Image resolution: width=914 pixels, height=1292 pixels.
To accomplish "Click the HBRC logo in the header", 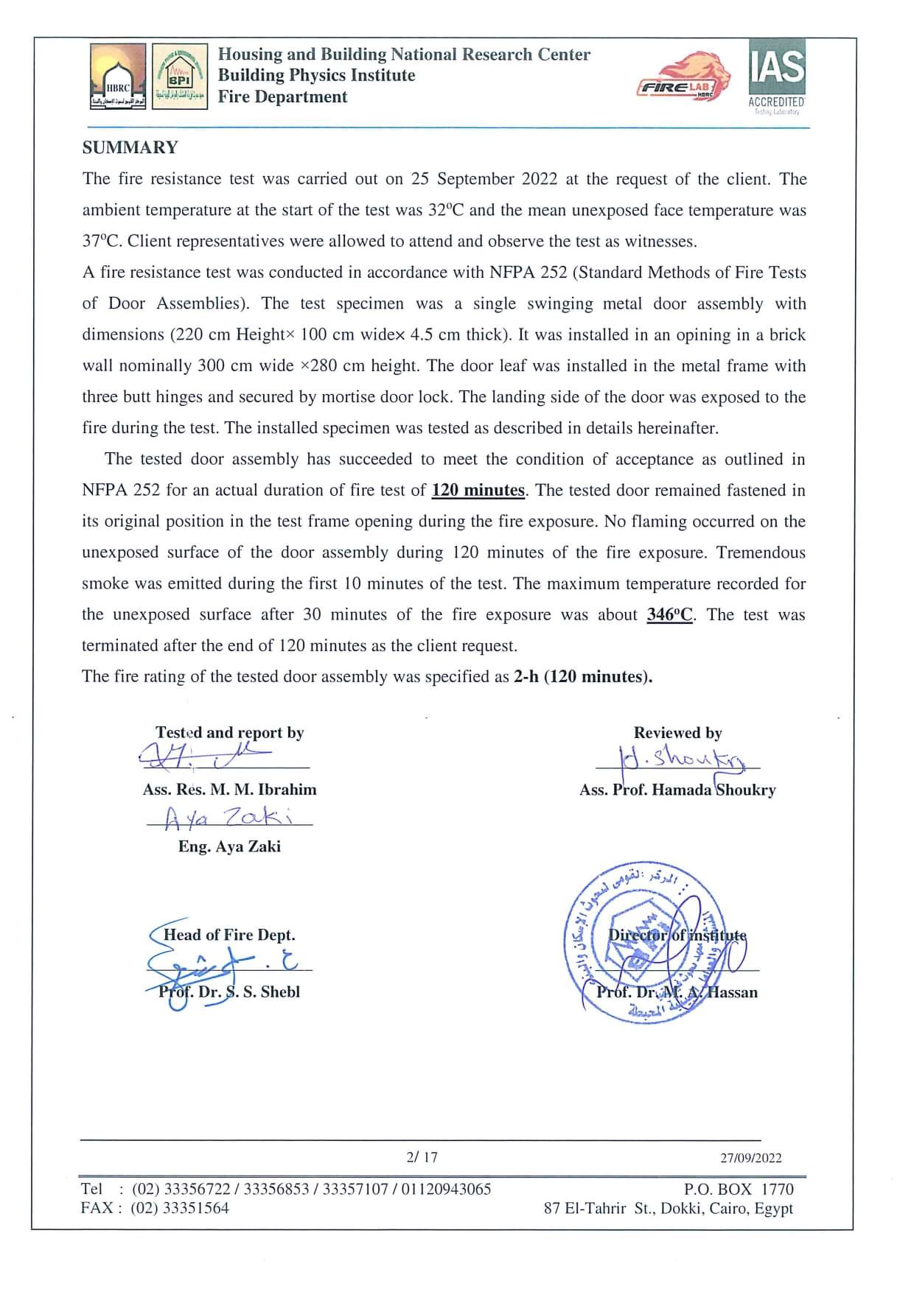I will coord(118,76).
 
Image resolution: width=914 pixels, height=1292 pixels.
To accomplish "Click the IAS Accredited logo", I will coord(777,77).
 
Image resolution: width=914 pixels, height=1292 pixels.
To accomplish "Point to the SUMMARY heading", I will coord(130,147).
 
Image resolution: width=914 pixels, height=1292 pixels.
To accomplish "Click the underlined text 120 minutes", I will coord(478,491).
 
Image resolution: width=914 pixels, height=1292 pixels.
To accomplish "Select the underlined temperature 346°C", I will coord(669,615).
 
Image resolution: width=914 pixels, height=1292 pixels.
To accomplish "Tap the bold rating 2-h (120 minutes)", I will coord(582,677).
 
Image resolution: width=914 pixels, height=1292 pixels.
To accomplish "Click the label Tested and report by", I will coord(229,733).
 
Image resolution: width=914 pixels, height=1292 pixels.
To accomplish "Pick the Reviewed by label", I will coord(677,733).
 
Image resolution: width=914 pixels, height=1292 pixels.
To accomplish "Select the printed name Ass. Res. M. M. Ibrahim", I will coord(229,790).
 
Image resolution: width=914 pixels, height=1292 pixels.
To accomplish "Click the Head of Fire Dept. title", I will coord(229,935).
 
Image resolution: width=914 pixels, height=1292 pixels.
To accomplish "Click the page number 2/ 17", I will coord(422,1157).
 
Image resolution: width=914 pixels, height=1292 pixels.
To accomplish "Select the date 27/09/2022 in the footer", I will coord(750,1158).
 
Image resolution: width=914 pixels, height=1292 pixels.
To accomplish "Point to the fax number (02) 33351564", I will coord(180,1208).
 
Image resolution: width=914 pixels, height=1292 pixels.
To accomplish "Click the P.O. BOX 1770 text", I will coord(739,1189).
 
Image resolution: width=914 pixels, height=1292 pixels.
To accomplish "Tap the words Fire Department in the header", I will coord(282,97).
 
